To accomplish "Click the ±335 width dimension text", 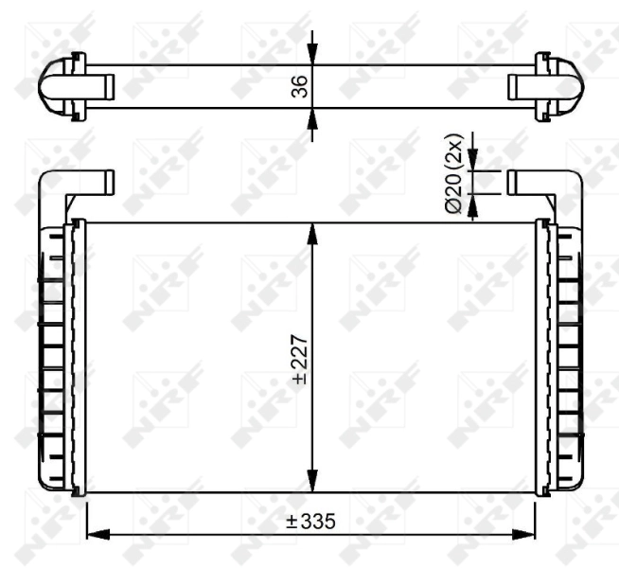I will point(311,522).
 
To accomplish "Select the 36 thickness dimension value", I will point(299,87).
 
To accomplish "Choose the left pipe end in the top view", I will point(102,85).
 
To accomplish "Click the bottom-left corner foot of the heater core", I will point(78,491).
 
